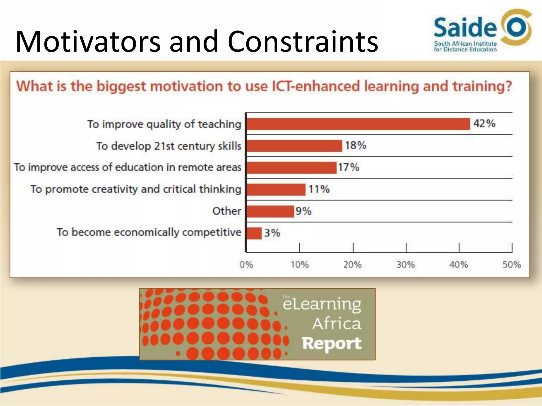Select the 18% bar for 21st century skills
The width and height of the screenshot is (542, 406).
[294, 146]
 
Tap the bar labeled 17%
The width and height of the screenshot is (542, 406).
[291, 168]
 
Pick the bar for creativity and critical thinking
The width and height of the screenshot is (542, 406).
[276, 190]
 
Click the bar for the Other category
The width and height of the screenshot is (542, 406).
[270, 211]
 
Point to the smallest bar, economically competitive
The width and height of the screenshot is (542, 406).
[254, 233]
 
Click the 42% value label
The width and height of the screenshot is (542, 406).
[484, 123]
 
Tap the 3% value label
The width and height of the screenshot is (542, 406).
[272, 233]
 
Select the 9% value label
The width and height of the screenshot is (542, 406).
[304, 211]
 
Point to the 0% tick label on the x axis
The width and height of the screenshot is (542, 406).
[246, 265]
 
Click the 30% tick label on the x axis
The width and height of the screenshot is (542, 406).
[405, 265]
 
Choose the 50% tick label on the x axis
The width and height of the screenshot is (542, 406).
[512, 265]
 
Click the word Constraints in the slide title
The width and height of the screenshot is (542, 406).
[303, 42]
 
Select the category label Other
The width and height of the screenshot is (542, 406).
[227, 211]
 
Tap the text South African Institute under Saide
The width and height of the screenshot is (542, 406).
[465, 44]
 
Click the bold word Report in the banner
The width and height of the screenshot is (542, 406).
[332, 343]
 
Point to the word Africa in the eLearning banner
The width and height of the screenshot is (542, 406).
[337, 324]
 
